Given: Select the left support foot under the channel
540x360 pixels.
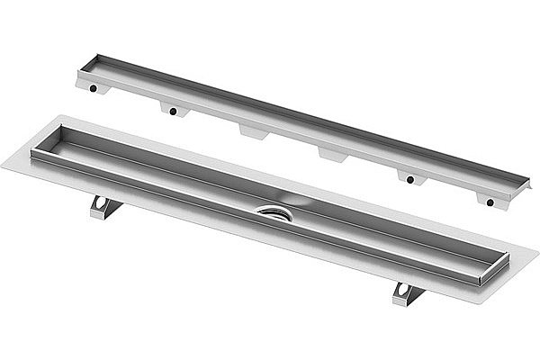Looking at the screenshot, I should pos(105,206).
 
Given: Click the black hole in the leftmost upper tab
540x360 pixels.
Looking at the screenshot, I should pos(94,90).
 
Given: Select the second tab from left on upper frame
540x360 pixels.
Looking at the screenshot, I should pos(173,110).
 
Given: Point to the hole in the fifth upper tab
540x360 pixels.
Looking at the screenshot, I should pos(410,179).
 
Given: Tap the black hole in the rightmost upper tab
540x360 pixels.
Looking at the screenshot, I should pos(490,202).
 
